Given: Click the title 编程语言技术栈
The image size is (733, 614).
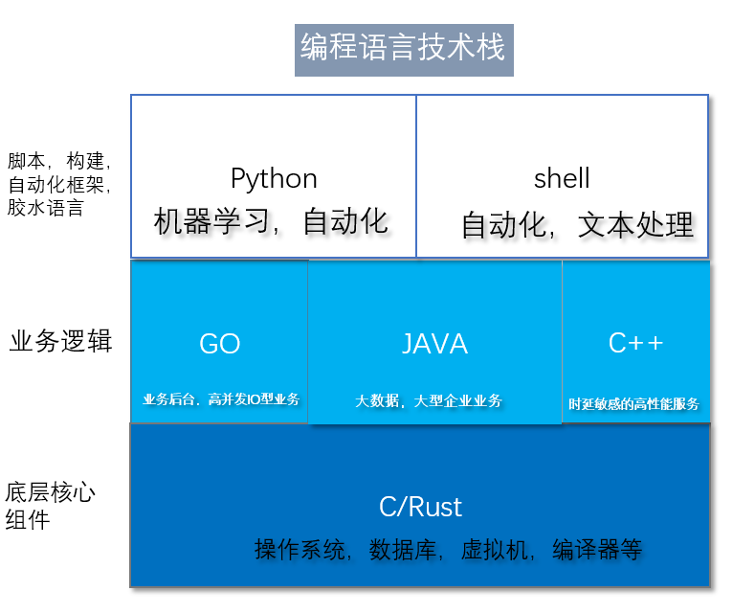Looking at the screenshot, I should point(403,48).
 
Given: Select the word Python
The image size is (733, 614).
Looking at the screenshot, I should point(274,179).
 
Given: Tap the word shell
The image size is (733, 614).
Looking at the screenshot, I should point(562,179).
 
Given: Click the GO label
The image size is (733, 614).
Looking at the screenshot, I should point(219,345).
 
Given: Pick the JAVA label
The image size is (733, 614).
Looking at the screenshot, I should point(434,344).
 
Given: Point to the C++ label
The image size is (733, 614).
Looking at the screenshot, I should point(635,343).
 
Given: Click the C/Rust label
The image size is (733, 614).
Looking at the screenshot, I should point(420,507).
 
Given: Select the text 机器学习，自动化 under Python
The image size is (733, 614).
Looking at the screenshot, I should point(272,222).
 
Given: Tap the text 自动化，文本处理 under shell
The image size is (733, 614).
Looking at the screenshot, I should point(577,225).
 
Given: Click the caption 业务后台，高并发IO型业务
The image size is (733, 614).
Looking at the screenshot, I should point(221,399).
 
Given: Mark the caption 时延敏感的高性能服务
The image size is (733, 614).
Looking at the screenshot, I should point(633,404).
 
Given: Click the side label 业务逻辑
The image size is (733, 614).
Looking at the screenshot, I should point(60,342).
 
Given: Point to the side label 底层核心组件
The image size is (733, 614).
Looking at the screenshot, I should point(50,507).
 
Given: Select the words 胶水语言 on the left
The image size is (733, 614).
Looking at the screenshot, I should point(45,207).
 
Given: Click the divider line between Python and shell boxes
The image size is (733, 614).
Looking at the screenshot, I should point(416,176).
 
